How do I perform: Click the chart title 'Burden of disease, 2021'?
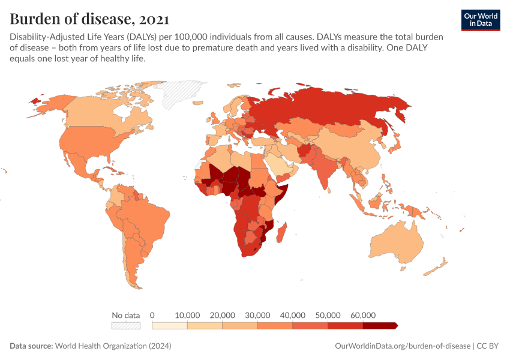click(89, 18)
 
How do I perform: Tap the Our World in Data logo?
click(480, 20)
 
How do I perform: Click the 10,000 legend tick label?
click(187, 315)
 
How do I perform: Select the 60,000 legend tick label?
click(362, 315)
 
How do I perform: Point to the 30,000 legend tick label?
click(257, 315)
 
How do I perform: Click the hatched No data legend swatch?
click(125, 326)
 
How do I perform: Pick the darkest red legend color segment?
click(379, 326)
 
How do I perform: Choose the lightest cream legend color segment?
click(170, 326)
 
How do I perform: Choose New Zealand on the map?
click(441, 264)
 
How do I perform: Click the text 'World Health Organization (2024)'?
click(113, 346)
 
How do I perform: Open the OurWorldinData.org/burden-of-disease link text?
click(402, 346)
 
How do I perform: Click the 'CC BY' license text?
click(488, 346)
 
